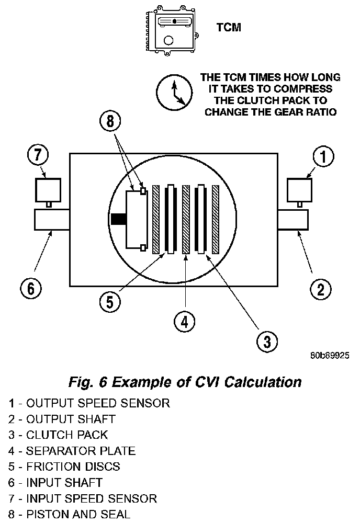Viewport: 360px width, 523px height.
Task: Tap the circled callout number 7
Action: pyautogui.click(x=38, y=156)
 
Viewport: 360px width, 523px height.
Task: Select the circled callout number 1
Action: pyautogui.click(x=323, y=156)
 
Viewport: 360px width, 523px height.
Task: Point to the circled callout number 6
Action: pyautogui.click(x=31, y=288)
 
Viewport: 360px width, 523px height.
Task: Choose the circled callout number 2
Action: pyautogui.click(x=321, y=288)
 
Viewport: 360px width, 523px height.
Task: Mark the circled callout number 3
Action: pyautogui.click(x=266, y=342)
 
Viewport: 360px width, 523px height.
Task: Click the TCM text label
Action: pyautogui.click(x=229, y=28)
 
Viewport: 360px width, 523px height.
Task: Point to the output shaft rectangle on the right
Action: pyautogui.click(x=292, y=220)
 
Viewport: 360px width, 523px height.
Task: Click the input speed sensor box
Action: pyautogui.click(x=48, y=189)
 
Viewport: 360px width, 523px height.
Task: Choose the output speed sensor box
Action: pyautogui.click(x=300, y=189)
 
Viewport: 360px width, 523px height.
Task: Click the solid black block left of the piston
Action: pyautogui.click(x=118, y=220)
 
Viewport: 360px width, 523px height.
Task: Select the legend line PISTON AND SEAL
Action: pyautogui.click(x=68, y=514)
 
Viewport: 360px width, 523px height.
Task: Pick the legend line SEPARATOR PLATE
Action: pyautogui.click(x=72, y=450)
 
